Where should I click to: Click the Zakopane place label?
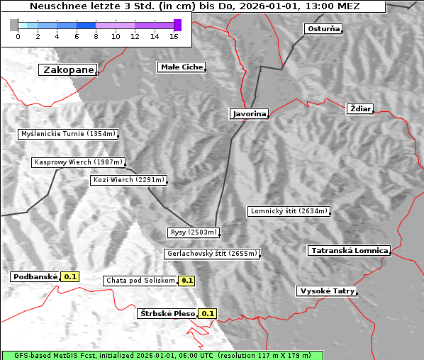click(68, 70)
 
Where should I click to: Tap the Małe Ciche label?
click(182, 67)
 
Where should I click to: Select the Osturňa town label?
click(323, 29)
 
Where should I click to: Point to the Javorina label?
click(249, 114)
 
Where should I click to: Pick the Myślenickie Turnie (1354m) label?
click(67, 134)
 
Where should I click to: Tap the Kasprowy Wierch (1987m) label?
click(79, 162)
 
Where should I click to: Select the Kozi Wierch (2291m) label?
click(128, 180)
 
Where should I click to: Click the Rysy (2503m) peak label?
click(193, 232)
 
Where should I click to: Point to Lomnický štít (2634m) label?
click(289, 211)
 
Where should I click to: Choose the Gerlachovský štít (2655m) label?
click(211, 254)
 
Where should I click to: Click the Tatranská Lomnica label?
click(350, 251)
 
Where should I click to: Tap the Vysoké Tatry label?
click(327, 291)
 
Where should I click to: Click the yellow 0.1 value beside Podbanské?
click(70, 277)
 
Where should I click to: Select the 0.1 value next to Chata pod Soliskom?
click(186, 281)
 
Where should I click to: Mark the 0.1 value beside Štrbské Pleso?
click(207, 314)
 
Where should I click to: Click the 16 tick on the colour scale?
click(174, 36)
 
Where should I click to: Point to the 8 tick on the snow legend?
click(96, 36)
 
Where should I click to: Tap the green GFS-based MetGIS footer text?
click(162, 355)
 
